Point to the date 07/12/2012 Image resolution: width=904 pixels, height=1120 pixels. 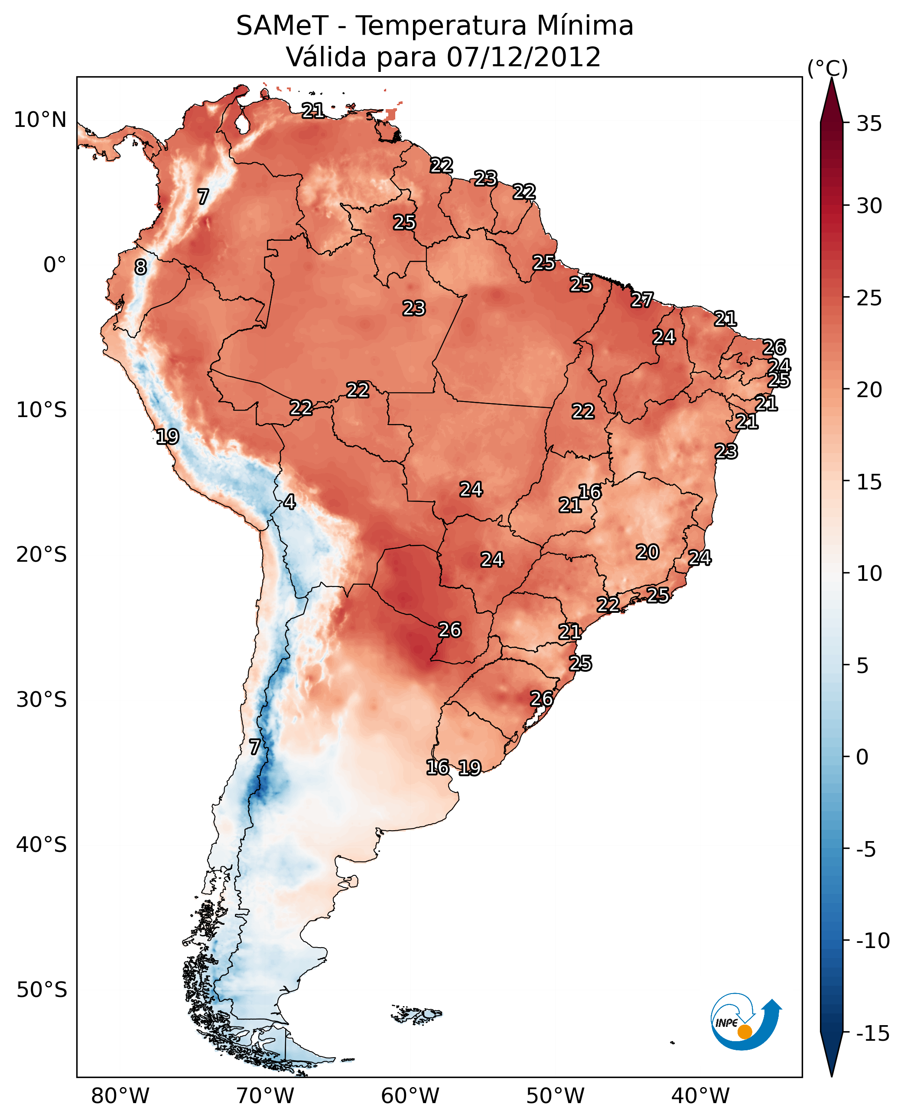(524, 57)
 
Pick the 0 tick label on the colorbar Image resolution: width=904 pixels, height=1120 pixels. (862, 757)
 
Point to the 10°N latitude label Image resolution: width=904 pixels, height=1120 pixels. (40, 120)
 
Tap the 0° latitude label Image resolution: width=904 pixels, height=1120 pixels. (55, 265)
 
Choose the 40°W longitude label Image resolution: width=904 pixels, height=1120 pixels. (700, 1096)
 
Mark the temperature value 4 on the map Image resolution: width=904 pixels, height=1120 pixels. (289, 502)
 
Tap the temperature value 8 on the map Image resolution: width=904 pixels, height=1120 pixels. (140, 267)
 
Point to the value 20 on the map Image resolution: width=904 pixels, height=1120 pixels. (647, 552)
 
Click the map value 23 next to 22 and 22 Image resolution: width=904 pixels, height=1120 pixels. (485, 178)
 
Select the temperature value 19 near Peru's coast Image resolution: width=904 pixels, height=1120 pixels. (167, 437)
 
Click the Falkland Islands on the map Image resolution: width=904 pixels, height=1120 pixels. (416, 1013)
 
